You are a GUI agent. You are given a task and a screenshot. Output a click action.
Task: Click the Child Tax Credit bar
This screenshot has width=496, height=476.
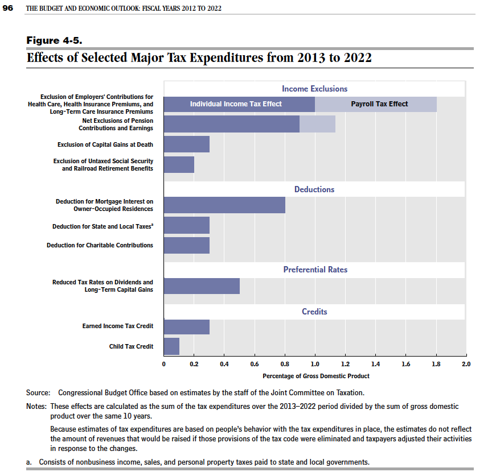172,346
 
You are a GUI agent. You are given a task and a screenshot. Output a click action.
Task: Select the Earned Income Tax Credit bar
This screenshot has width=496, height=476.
187,327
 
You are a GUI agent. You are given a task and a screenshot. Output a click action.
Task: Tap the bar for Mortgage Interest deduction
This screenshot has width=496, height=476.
224,205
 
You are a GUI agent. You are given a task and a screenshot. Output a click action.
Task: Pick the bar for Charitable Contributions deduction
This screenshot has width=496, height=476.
187,246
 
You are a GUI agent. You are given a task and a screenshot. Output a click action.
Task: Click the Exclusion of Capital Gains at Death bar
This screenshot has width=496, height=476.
187,144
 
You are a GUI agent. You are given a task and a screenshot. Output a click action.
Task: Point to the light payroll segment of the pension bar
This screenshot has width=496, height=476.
318,124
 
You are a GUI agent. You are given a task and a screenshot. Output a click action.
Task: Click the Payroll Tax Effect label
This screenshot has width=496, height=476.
379,104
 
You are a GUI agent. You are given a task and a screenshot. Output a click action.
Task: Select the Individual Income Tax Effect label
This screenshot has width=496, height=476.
236,104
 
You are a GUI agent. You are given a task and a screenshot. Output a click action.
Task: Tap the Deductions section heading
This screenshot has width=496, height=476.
314,189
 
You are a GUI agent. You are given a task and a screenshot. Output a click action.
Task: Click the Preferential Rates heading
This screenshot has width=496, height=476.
315,270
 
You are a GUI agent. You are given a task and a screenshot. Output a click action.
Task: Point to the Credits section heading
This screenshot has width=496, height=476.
314,312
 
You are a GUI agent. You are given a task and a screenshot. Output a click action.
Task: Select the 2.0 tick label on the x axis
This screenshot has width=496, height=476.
466,364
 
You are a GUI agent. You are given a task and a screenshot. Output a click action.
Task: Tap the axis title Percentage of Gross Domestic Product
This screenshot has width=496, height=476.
316,376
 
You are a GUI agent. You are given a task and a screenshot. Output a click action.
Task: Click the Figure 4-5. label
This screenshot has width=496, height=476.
54,40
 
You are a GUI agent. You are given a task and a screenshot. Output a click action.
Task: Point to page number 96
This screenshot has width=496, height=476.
7,8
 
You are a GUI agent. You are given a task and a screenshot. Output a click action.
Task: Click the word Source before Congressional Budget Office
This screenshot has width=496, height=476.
38,392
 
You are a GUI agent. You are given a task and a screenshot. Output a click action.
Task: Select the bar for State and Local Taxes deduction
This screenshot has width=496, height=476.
187,225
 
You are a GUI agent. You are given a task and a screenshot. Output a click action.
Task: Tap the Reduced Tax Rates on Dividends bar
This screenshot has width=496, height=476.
202,286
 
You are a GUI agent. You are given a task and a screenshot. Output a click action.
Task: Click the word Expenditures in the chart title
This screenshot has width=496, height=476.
226,58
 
